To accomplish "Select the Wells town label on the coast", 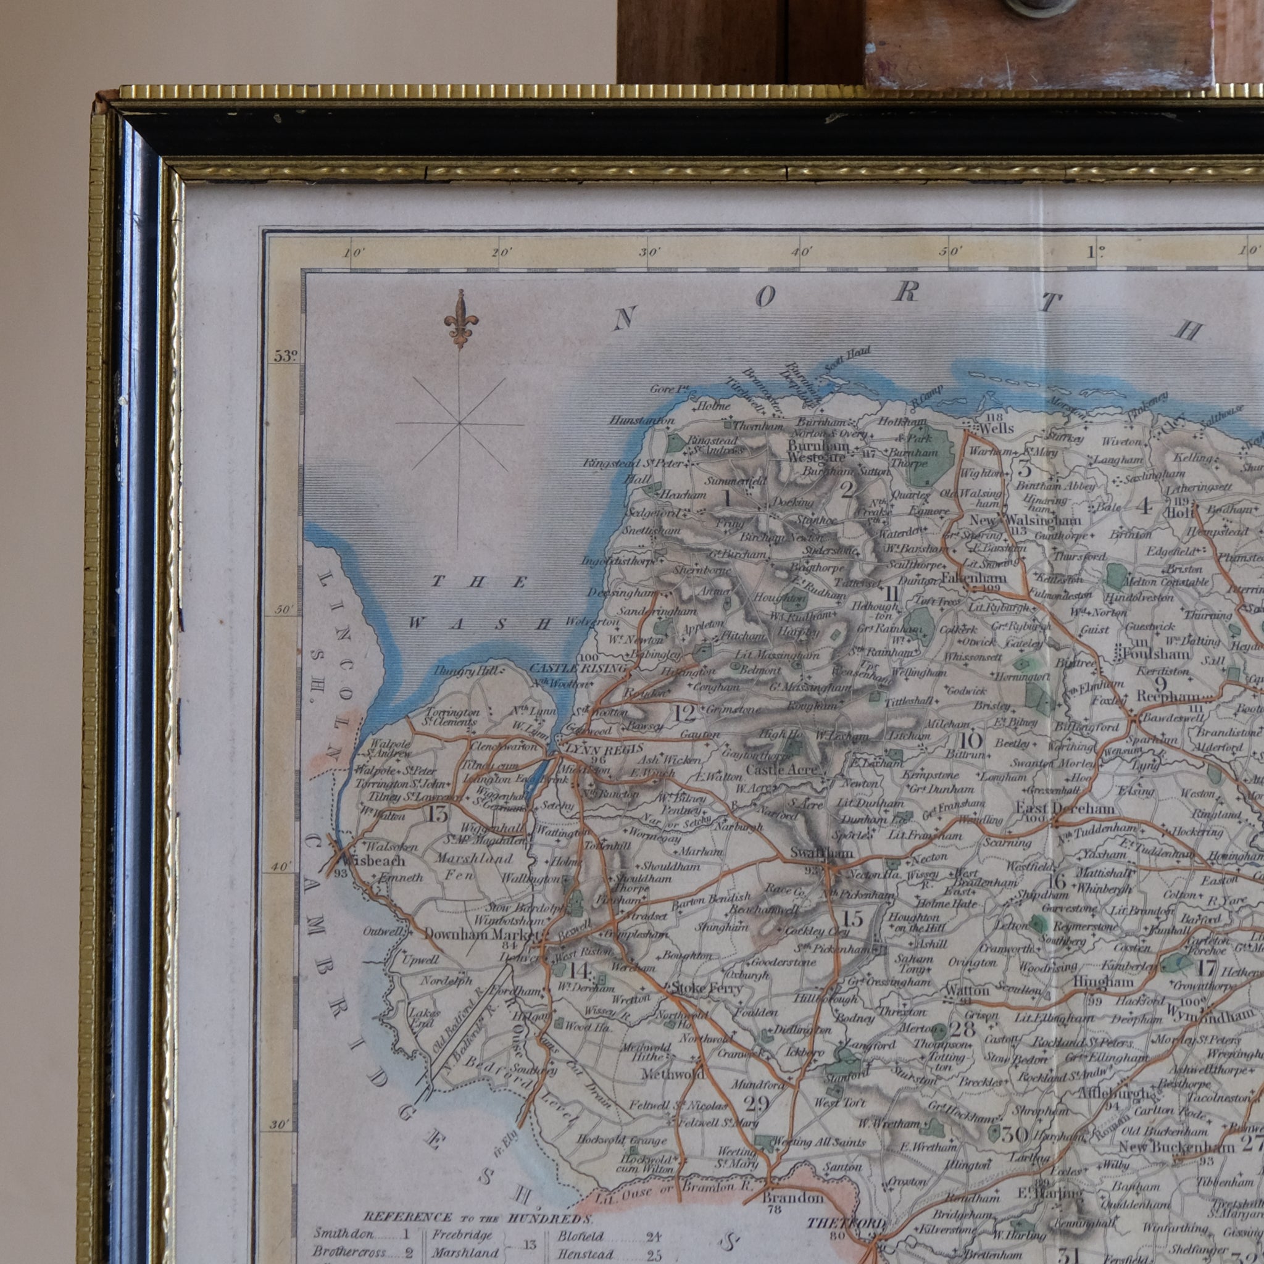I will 996,428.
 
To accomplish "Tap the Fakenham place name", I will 974,578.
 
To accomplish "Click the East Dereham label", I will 1065,809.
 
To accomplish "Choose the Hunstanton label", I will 641,420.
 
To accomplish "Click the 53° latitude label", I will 286,356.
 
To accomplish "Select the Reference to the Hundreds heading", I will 478,1218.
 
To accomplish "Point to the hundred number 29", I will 756,1104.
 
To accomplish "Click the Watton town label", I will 967,992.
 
